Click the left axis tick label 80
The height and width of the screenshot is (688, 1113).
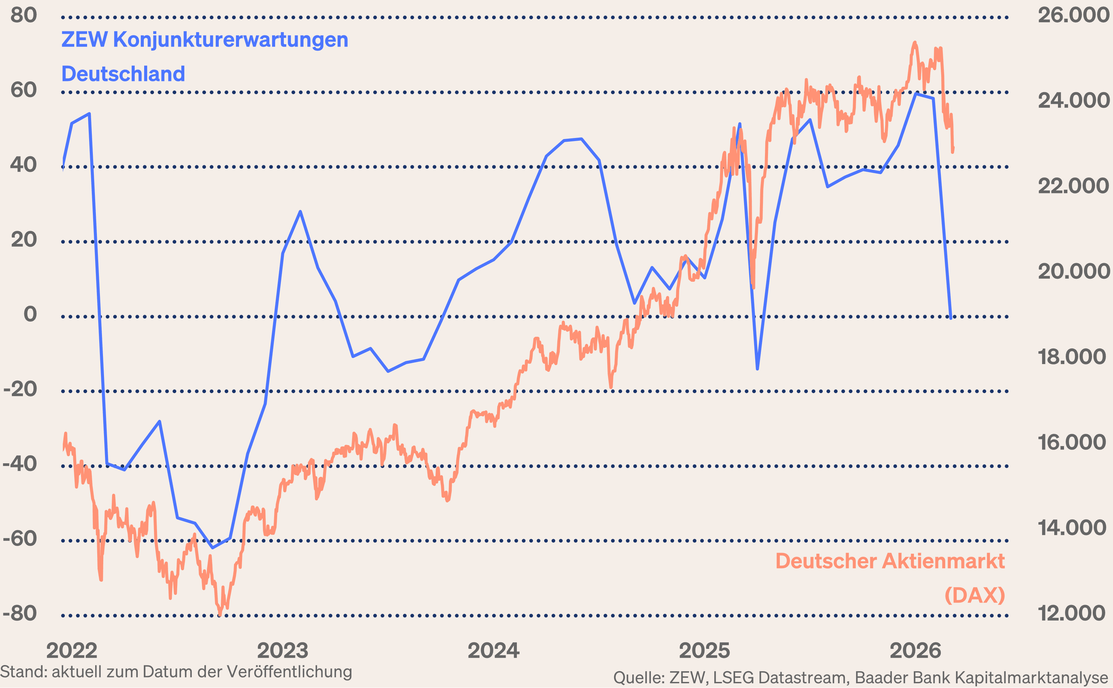click(24, 15)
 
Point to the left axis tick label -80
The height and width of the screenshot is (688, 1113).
click(20, 613)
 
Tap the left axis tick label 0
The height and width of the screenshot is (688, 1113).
click(30, 314)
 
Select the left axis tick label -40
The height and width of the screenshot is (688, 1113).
click(20, 464)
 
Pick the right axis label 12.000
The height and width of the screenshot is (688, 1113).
click(1071, 613)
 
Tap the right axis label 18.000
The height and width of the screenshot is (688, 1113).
click(1071, 357)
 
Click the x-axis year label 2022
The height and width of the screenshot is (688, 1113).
click(72, 651)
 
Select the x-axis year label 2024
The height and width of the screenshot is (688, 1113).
click(494, 651)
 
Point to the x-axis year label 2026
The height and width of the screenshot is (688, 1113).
click(915, 651)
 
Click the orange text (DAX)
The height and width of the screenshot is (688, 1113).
click(974, 595)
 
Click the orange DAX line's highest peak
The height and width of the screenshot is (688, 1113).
click(915, 43)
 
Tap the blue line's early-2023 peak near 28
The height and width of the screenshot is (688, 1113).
click(300, 212)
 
